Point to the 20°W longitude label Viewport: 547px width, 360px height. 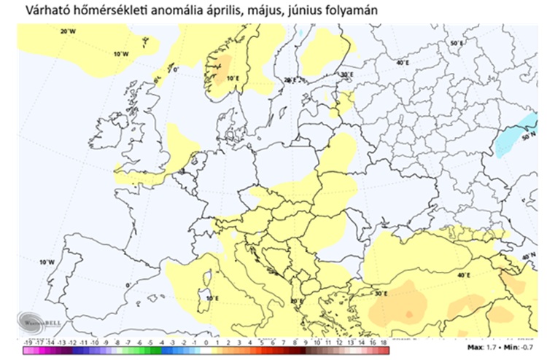point(69,31)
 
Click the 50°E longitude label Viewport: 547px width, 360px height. point(457,44)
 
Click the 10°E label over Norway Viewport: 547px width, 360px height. point(233,78)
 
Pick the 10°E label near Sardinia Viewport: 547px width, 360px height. point(212,298)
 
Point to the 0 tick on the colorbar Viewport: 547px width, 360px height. point(206,342)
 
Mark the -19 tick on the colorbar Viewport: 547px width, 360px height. point(27,342)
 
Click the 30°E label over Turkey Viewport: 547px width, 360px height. point(380,294)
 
